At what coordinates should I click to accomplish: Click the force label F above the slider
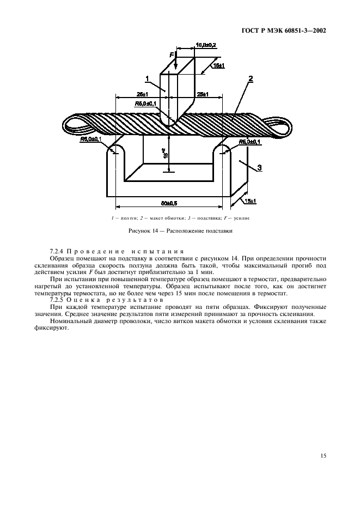click(x=171, y=55)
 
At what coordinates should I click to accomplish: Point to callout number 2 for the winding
click(x=251, y=79)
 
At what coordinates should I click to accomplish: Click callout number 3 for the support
click(x=259, y=168)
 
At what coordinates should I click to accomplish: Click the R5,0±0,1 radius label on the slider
click(x=146, y=103)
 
